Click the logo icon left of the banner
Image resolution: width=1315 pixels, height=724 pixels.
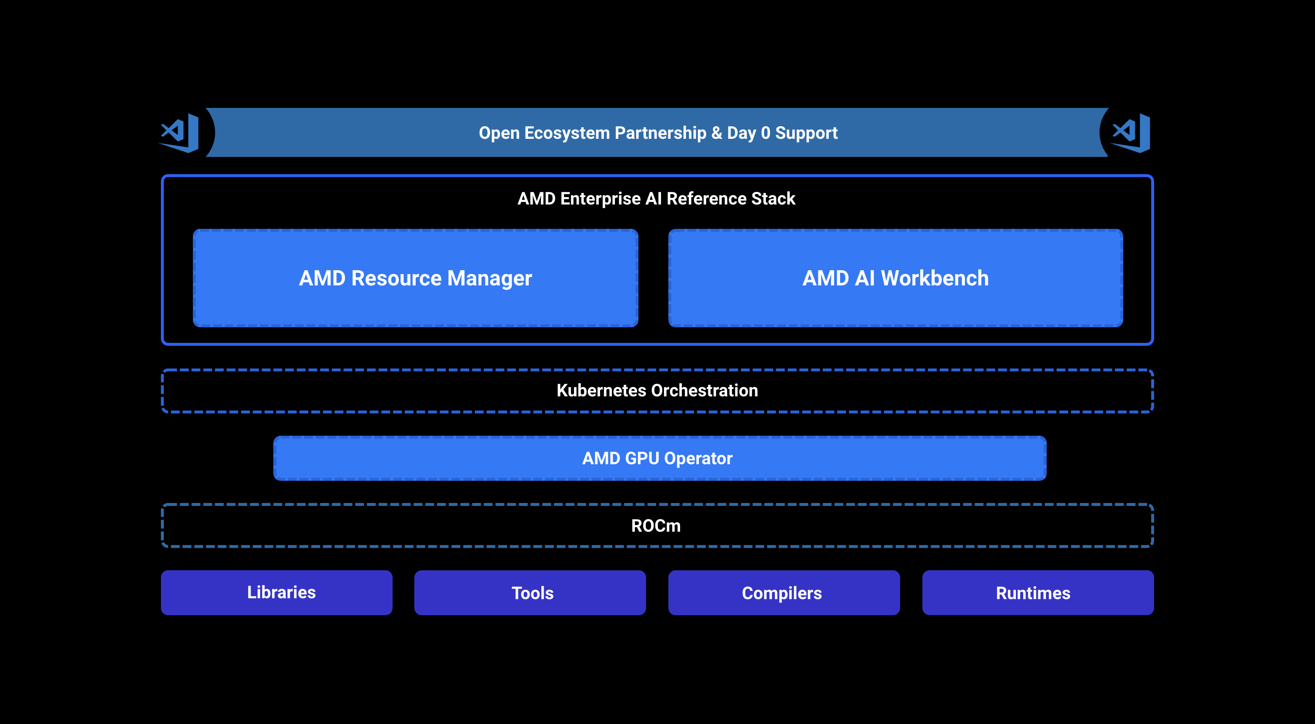[179, 133]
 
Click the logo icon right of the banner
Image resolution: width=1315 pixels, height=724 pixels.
[1130, 133]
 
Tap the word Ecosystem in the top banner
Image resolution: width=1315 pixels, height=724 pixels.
[567, 133]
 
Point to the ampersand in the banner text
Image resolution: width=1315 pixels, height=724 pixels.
[717, 133]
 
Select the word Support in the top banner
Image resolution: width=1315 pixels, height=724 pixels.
[806, 133]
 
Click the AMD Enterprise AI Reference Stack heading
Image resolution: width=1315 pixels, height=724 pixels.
[657, 198]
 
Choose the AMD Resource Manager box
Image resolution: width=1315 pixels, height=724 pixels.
[416, 278]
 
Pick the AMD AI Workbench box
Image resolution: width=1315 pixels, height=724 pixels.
[895, 278]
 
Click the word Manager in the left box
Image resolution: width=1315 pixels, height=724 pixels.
[490, 279]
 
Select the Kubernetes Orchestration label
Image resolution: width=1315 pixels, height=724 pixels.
[657, 390]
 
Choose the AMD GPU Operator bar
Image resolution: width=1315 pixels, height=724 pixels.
[660, 458]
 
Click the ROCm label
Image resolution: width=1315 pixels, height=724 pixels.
[656, 526]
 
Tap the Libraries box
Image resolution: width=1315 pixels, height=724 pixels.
[277, 593]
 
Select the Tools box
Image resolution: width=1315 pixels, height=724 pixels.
[530, 593]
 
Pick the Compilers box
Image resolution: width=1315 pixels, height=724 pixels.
[784, 593]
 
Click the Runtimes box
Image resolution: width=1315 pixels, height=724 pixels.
[1038, 593]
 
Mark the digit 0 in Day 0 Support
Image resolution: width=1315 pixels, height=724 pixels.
[765, 133]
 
